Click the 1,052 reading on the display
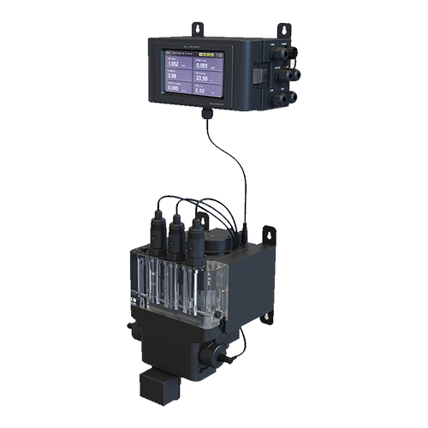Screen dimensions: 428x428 tap(174, 63)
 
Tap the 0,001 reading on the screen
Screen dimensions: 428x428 tap(202, 65)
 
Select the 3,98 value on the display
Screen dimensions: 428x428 tap(173, 75)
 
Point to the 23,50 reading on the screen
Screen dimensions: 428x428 tap(203, 77)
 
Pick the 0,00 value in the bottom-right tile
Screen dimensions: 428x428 tap(199, 89)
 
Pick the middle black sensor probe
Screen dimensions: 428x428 tap(177, 241)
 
